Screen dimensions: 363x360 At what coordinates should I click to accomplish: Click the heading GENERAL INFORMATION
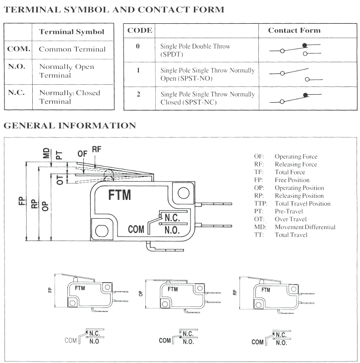point(69,126)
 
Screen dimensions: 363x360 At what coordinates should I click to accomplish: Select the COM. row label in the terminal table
point(19,49)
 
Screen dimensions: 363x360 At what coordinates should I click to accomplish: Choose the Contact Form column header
point(294,30)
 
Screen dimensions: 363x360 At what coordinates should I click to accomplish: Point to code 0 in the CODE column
point(138,46)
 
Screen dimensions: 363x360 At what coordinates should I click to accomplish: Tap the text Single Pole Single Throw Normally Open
point(207,74)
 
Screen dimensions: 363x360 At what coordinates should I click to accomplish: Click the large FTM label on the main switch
point(120,195)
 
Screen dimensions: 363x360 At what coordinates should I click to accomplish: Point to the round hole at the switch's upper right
point(182,192)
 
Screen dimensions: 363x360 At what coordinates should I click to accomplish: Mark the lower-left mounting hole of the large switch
point(101,230)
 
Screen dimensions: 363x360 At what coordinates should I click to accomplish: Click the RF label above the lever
point(96,149)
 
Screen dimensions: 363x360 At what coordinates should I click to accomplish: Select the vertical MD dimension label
point(46,153)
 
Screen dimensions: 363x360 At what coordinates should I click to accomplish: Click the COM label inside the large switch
point(136,229)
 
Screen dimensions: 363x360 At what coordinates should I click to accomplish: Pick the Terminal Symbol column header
point(71,32)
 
